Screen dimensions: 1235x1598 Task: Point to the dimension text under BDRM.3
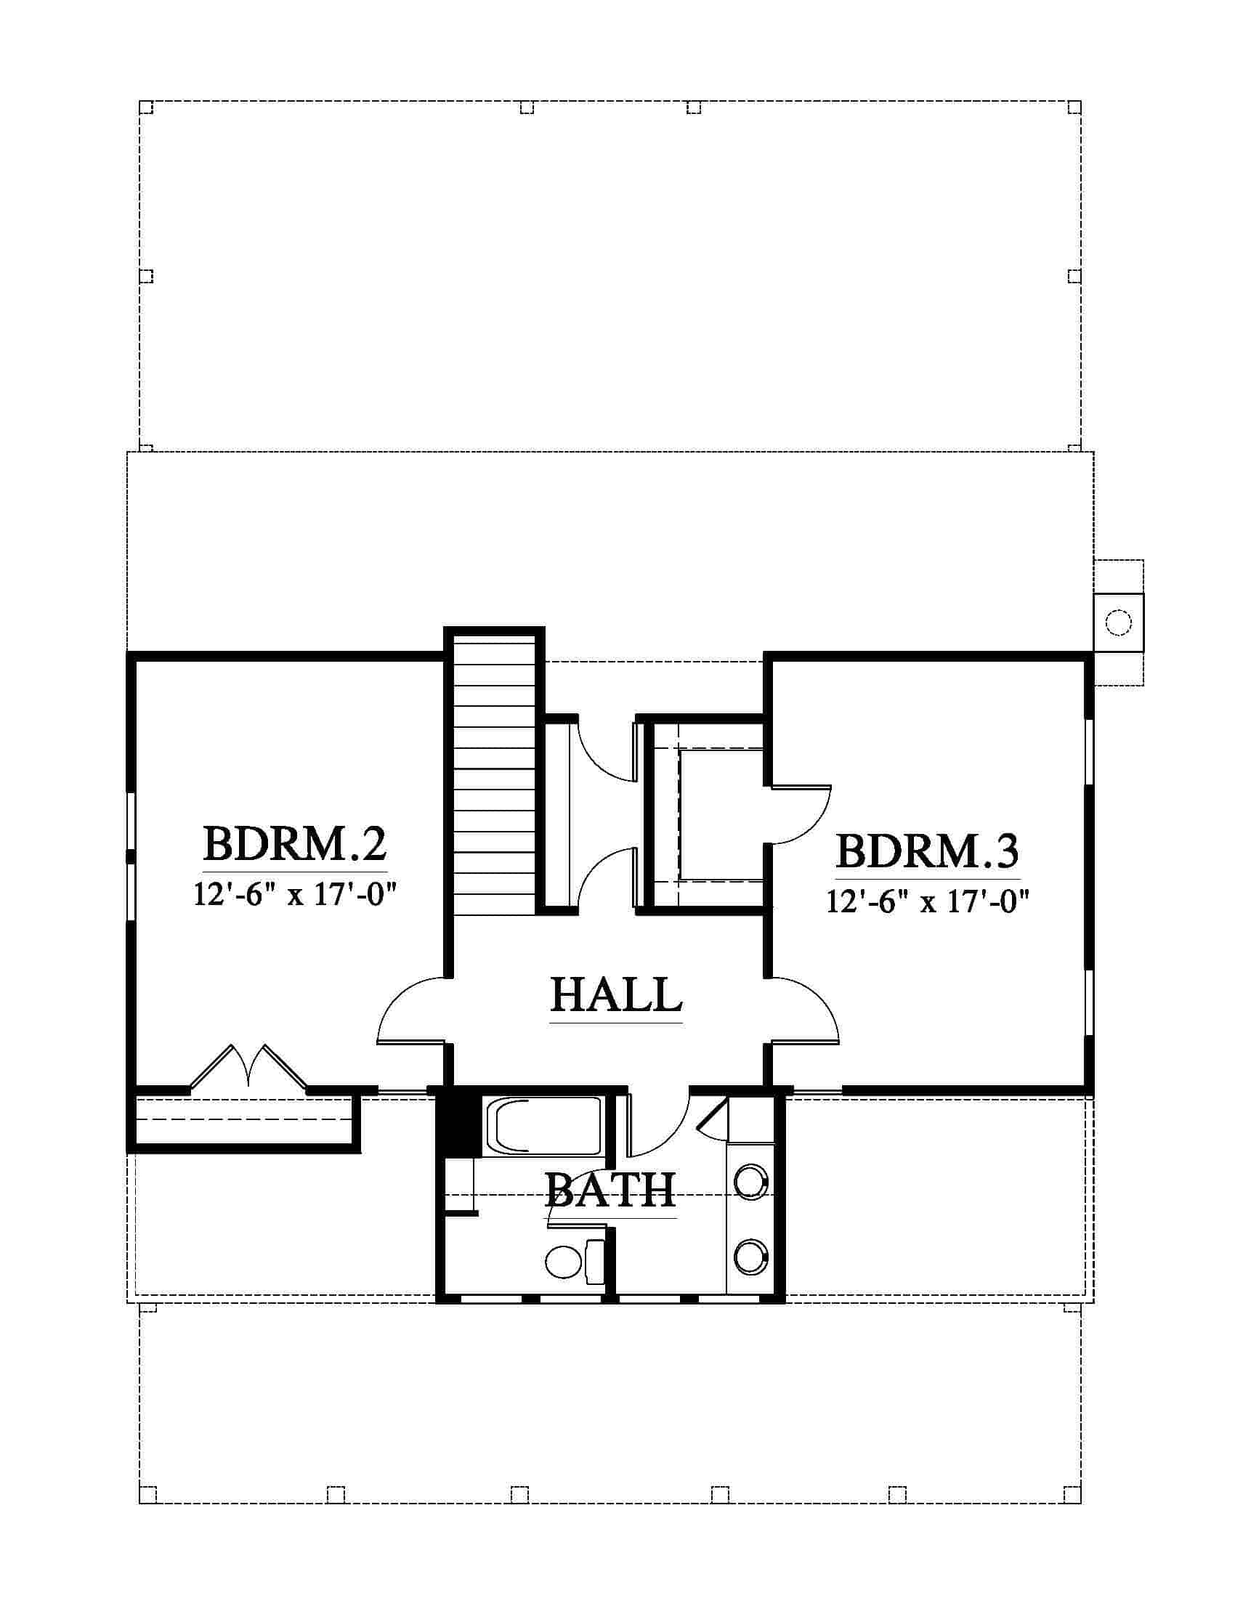[928, 901]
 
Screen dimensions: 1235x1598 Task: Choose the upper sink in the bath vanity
[750, 1183]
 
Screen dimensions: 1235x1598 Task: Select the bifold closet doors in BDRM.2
[248, 1068]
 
